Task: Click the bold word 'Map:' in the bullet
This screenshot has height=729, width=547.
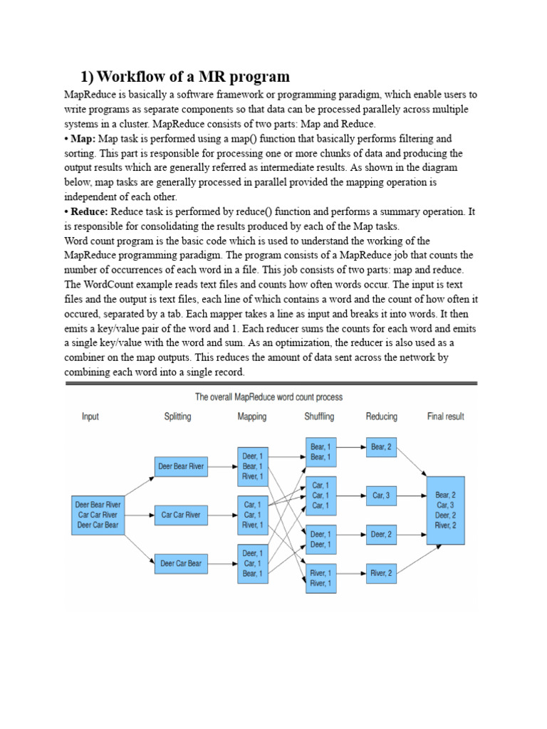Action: (x=81, y=138)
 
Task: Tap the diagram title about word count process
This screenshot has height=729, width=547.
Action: (x=269, y=397)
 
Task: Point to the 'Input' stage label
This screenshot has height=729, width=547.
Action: (x=90, y=416)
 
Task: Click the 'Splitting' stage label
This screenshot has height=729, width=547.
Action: (x=177, y=416)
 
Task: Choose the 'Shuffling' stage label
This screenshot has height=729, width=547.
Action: (x=319, y=416)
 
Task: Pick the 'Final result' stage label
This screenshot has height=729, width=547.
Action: (x=446, y=416)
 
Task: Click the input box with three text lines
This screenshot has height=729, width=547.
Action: (x=98, y=515)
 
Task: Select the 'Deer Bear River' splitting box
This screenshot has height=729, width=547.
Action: (x=181, y=467)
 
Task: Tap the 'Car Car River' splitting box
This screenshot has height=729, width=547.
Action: (x=181, y=515)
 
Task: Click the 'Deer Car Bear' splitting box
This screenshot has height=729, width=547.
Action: (x=181, y=563)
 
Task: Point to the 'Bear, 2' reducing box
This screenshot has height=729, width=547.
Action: (x=381, y=448)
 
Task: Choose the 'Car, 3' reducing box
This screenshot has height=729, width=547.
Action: (x=381, y=495)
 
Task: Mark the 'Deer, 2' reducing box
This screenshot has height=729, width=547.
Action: (x=381, y=534)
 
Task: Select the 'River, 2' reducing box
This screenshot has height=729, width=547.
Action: (x=381, y=573)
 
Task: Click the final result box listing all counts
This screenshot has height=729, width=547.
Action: (x=445, y=510)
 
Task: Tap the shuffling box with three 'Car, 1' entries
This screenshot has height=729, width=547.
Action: (x=321, y=495)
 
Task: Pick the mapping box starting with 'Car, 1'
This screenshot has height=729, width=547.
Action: (x=252, y=515)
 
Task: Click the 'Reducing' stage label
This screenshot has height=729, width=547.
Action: (x=382, y=416)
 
